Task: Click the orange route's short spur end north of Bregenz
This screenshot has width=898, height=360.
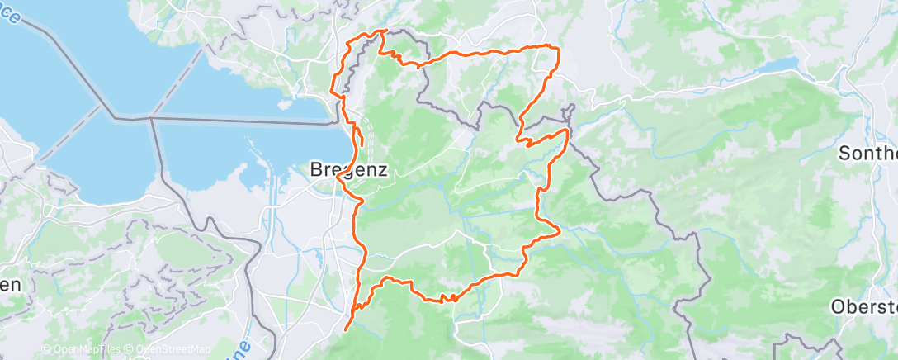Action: [362, 145]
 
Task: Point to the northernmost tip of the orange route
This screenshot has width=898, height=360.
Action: [383, 31]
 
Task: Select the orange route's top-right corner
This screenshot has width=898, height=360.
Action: [558, 49]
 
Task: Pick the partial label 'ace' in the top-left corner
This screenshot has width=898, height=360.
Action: [10, 14]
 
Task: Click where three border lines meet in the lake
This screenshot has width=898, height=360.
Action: [151, 118]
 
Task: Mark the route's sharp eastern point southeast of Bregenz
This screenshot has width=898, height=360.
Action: [559, 230]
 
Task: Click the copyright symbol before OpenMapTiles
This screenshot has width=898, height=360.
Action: [45, 350]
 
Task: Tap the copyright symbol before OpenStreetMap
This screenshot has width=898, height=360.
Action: [130, 350]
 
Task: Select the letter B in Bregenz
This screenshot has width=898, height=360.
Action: [316, 169]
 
